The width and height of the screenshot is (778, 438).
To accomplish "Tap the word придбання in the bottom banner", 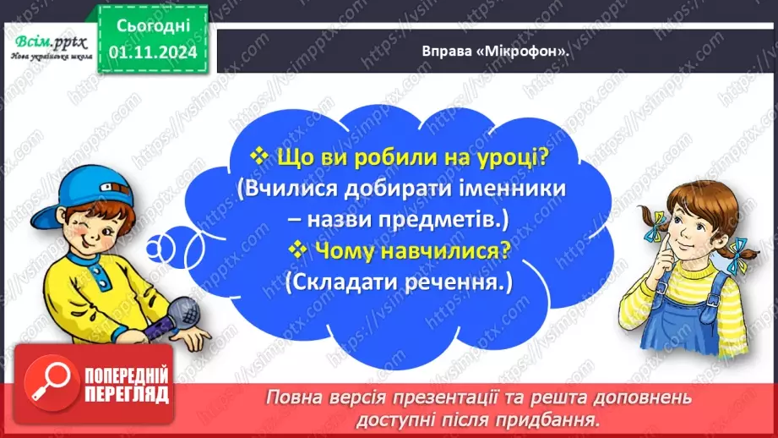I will pyautogui.click(x=548, y=419).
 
